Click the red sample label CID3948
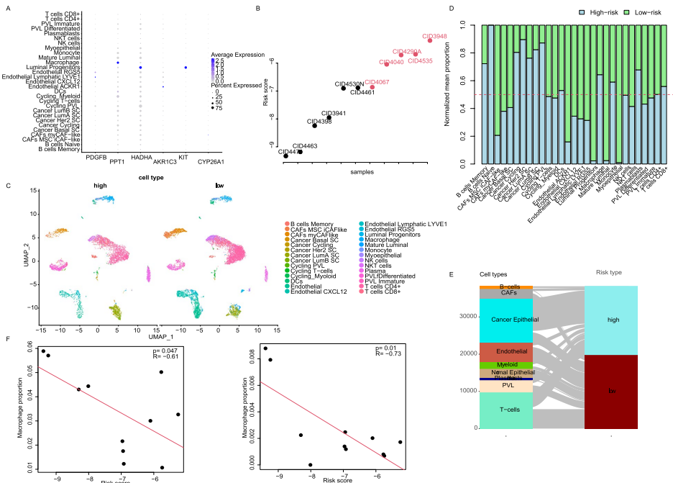click(435, 36)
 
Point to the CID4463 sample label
click(306, 145)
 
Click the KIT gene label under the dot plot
click(184, 155)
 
